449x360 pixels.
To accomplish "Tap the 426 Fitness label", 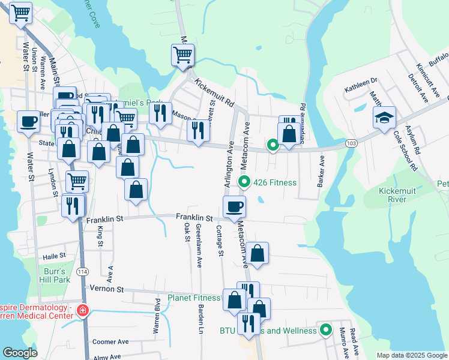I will pos(276,182).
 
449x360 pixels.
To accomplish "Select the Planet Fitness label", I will pos(194,298).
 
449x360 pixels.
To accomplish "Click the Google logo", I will pos(20,353).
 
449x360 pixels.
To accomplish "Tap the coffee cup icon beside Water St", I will pos(28,122).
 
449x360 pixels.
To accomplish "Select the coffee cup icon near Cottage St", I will pos(234,207).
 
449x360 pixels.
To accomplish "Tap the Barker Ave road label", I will pos(321,170).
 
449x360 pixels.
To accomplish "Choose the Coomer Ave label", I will pos(110,341).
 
